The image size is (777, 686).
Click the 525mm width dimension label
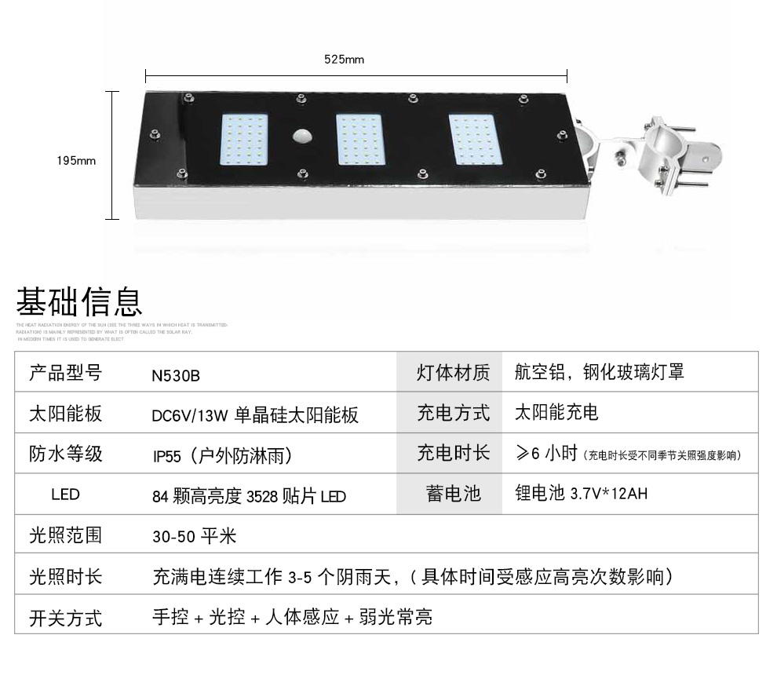(344, 60)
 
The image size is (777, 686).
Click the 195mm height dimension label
(76, 161)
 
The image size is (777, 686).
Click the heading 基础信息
(79, 302)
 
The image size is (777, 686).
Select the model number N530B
(176, 375)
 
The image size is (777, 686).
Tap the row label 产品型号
(65, 373)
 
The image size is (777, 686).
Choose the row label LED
(65, 495)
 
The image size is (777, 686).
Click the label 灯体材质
(453, 373)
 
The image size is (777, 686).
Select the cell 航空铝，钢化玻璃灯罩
(600, 372)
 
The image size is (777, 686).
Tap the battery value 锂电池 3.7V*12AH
(582, 494)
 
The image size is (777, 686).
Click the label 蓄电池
(453, 494)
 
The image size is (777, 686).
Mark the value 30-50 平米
(194, 537)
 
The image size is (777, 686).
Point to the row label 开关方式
(65, 618)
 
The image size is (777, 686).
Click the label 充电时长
(453, 453)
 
